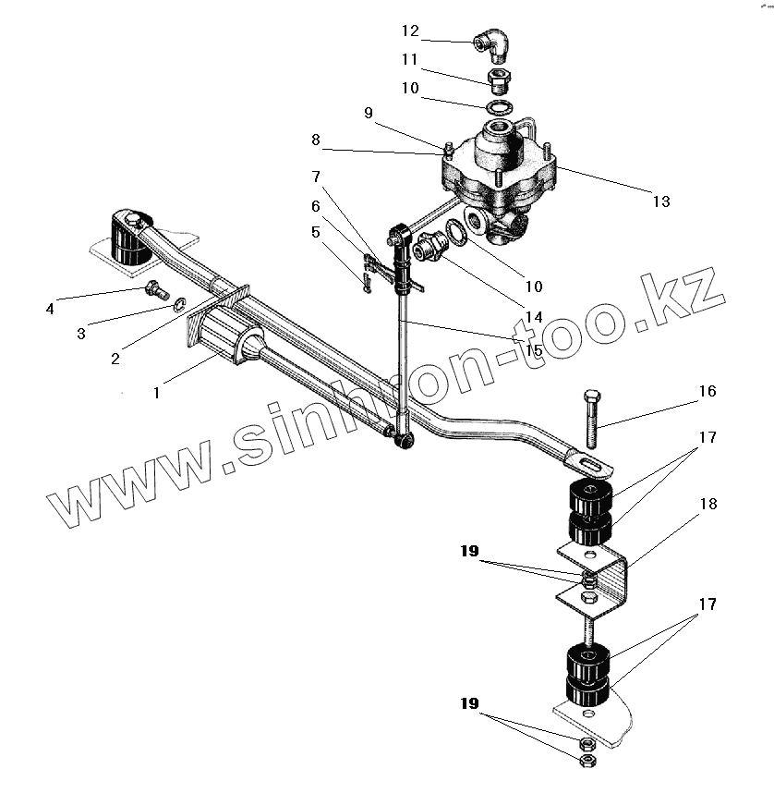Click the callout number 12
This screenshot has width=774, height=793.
(x=410, y=30)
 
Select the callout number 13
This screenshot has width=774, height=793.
(x=660, y=201)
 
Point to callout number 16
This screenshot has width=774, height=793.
(x=707, y=391)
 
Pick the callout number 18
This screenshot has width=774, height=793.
(x=708, y=505)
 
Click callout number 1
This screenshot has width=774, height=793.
(x=157, y=392)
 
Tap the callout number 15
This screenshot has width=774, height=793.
(x=534, y=349)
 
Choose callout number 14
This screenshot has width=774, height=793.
(x=533, y=317)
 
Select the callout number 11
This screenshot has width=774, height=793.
(x=410, y=59)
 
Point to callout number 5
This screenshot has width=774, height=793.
(x=317, y=232)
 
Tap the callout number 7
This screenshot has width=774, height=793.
(x=317, y=176)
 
